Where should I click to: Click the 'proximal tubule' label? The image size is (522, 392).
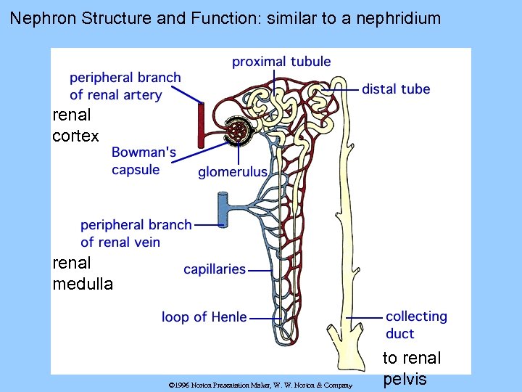pyautogui.click(x=281, y=62)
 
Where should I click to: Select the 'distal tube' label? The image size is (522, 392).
pyautogui.click(x=396, y=89)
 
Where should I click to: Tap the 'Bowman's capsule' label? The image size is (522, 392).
pyautogui.click(x=144, y=161)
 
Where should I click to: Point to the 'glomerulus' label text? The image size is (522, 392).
pyautogui.click(x=233, y=172)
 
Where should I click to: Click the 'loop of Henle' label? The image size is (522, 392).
pyautogui.click(x=204, y=317)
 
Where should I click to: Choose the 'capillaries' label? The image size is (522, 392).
pyautogui.click(x=215, y=269)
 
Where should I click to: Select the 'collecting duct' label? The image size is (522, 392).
pyautogui.click(x=415, y=325)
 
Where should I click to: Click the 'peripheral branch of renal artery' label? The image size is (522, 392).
pyautogui.click(x=125, y=86)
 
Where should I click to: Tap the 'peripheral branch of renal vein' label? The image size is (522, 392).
pyautogui.click(x=136, y=234)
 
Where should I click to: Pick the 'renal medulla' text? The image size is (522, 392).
pyautogui.click(x=83, y=273)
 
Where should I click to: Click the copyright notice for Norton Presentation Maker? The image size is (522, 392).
pyautogui.click(x=260, y=385)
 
